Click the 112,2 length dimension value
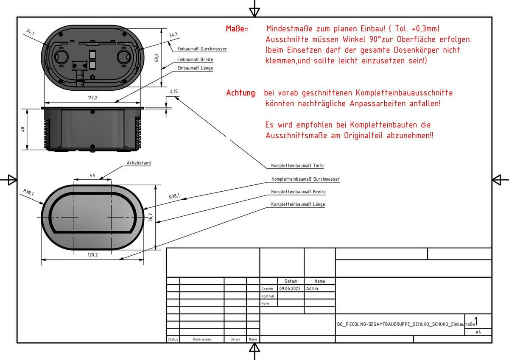point(92,98)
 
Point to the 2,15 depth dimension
point(173,92)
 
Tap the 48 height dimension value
point(24,129)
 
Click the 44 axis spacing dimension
point(92,175)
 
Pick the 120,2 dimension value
point(92,255)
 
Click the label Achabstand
point(139,163)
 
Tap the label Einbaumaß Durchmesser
point(202,49)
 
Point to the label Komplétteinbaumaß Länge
point(298,204)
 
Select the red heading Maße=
point(237,29)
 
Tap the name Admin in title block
point(312,288)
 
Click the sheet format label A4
point(478,332)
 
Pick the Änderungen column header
point(201,340)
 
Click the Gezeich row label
point(267,289)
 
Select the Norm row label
point(265,304)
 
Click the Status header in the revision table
point(173,340)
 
